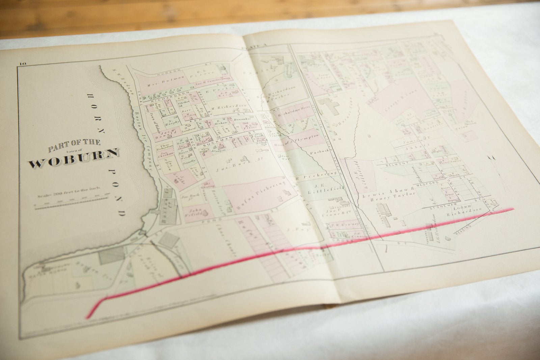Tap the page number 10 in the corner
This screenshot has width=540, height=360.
(23, 63)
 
